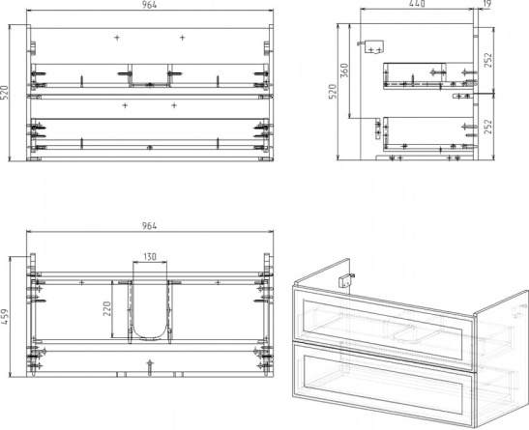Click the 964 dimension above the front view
coord(149,5)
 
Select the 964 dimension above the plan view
coord(149,226)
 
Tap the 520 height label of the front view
coord(5,93)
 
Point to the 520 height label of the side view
coord(333,91)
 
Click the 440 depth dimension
coord(417,4)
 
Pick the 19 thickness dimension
coord(487,4)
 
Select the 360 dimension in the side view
coord(344,71)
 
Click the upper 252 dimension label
coord(488,60)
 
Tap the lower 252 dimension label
coord(488,127)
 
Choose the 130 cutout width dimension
coord(150,257)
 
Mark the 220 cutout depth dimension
coord(107,308)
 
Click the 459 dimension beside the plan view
coord(5,317)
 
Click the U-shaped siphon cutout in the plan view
coord(150,338)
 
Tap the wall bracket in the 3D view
coord(346,280)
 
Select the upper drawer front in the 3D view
coord(383,327)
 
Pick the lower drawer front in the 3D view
coord(383,383)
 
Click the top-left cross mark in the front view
coord(117,38)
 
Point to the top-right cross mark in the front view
coord(182,38)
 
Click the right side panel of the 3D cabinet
coord(502,358)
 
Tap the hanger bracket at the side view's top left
coord(372,46)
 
